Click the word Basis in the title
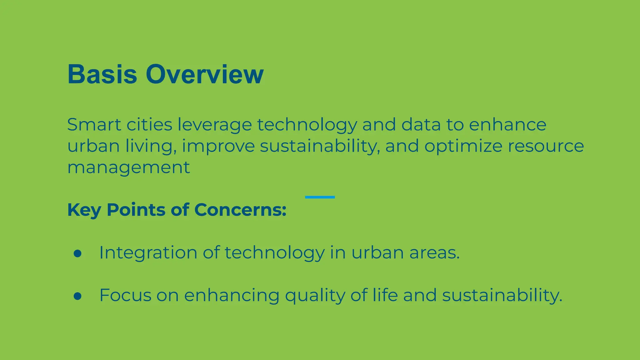click(102, 74)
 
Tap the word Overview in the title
click(205, 74)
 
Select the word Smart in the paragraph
click(93, 125)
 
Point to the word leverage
click(215, 125)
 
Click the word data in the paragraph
click(421, 125)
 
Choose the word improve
click(218, 146)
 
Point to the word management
click(128, 168)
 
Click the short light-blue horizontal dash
click(320, 197)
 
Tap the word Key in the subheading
click(84, 210)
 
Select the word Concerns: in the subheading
click(240, 210)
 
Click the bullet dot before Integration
click(77, 253)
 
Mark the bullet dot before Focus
click(77, 296)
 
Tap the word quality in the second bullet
click(315, 295)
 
